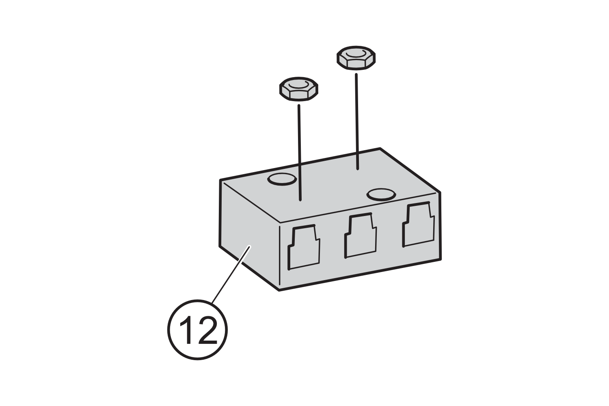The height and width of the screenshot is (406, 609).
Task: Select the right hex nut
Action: [356, 58]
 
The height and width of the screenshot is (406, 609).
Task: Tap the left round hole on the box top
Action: [281, 179]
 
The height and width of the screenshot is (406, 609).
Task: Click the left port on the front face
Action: [303, 247]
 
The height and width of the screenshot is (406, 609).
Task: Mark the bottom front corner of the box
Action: [279, 290]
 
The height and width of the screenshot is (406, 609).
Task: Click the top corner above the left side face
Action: [220, 179]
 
